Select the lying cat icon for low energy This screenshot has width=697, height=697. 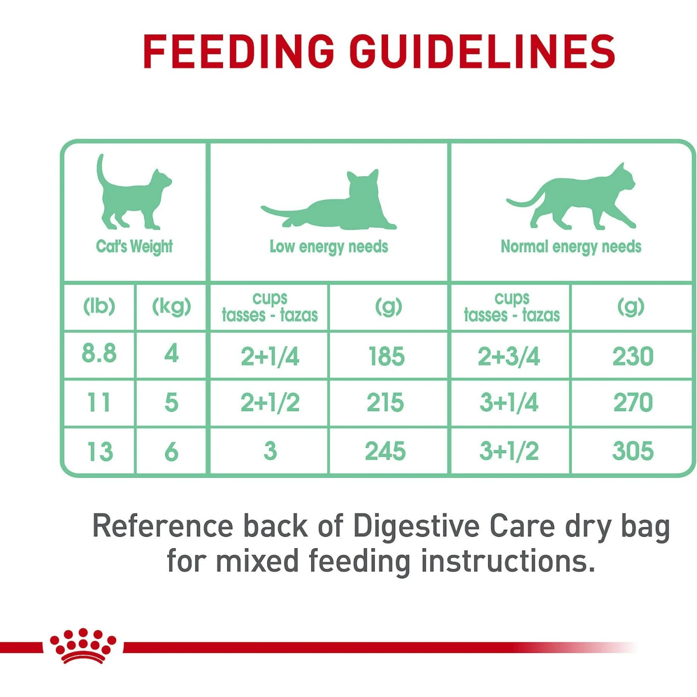tap(329, 200)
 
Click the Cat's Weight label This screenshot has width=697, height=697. tap(134, 246)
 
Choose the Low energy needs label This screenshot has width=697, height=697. tap(329, 247)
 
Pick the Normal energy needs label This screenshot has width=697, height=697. tap(571, 247)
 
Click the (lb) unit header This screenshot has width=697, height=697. tap(99, 306)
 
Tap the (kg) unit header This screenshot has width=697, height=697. tap(171, 306)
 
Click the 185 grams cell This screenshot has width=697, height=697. tap(387, 356)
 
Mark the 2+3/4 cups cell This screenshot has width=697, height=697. tap(509, 356)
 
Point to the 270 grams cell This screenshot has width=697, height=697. tap(633, 402)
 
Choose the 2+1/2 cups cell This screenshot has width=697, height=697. tap(270, 402)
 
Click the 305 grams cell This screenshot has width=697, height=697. tap(633, 451)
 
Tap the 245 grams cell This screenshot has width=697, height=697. tap(385, 451)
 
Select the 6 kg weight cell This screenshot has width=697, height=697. tap(171, 452)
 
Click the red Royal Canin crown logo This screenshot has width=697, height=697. tap(84, 645)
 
